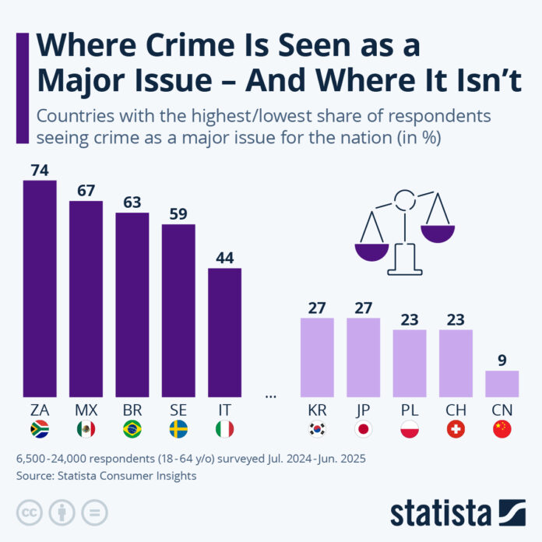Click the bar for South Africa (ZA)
pyautogui.click(x=40, y=288)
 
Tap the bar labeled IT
pyautogui.click(x=224, y=333)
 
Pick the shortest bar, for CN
pyautogui.click(x=502, y=383)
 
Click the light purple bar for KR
pyautogui.click(x=317, y=357)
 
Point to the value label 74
pyautogui.click(x=40, y=170)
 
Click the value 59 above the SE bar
pyautogui.click(x=178, y=213)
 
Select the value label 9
pyautogui.click(x=502, y=359)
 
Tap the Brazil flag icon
pyautogui.click(x=132, y=428)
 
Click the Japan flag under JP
pyautogui.click(x=363, y=428)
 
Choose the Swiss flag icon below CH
pyautogui.click(x=456, y=428)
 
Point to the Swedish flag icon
pyautogui.click(x=178, y=428)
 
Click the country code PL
pyautogui.click(x=410, y=409)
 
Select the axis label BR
pyautogui.click(x=132, y=409)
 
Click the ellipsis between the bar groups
pyautogui.click(x=271, y=396)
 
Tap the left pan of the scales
pyautogui.click(x=371, y=251)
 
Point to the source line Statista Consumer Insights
pyautogui.click(x=107, y=476)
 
